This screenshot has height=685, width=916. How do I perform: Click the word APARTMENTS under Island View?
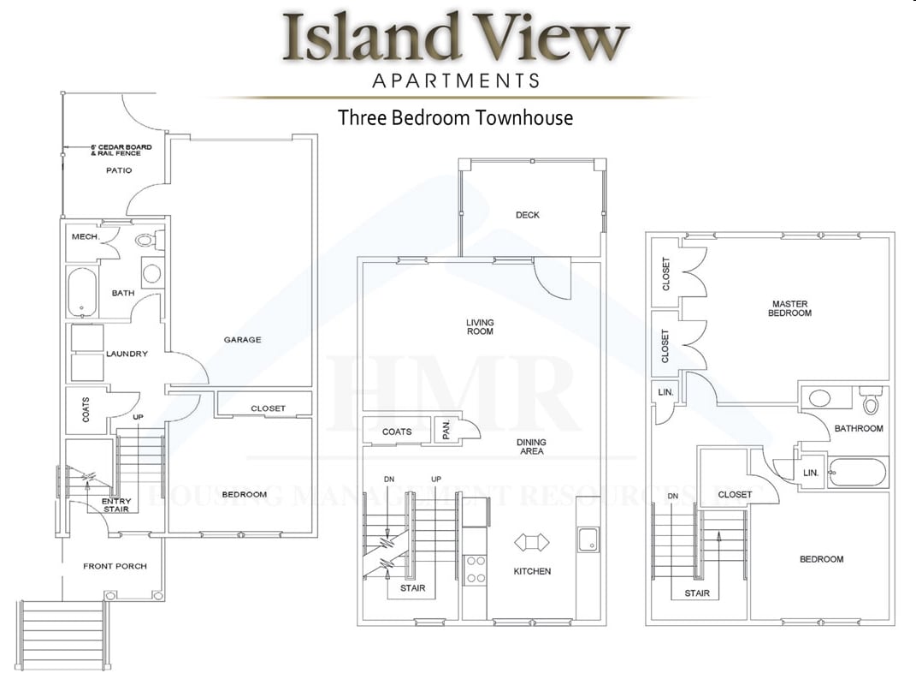[x=456, y=81]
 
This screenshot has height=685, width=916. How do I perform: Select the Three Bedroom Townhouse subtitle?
[x=455, y=117]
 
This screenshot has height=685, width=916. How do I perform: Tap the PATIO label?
[x=119, y=170]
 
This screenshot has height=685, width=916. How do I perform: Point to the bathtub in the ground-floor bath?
[x=82, y=292]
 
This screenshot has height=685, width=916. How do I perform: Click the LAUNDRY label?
[x=127, y=354]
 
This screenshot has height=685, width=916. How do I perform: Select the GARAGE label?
[x=242, y=340]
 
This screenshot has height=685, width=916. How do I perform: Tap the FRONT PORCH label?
[x=115, y=566]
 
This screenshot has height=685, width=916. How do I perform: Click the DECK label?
[x=528, y=215]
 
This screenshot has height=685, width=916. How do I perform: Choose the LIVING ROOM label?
[x=480, y=327]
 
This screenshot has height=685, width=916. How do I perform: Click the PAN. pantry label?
[x=446, y=431]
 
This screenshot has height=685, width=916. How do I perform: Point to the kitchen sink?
[x=588, y=539]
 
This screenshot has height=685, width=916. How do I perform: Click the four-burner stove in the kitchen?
[x=475, y=569]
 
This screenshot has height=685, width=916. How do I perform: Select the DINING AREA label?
[x=531, y=447]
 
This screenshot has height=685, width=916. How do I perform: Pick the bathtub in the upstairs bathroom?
[x=858, y=472]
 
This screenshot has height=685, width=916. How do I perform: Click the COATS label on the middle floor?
[x=396, y=432]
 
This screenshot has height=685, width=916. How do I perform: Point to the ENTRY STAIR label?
[x=115, y=505]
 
